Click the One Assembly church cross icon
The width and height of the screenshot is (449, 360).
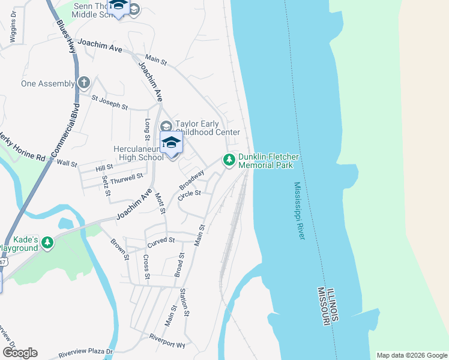(x=83, y=83)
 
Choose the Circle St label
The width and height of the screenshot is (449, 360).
(x=188, y=197)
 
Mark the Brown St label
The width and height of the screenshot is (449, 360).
(x=119, y=250)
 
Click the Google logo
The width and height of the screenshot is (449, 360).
(x=20, y=353)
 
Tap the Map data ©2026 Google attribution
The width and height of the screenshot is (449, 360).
(x=411, y=355)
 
